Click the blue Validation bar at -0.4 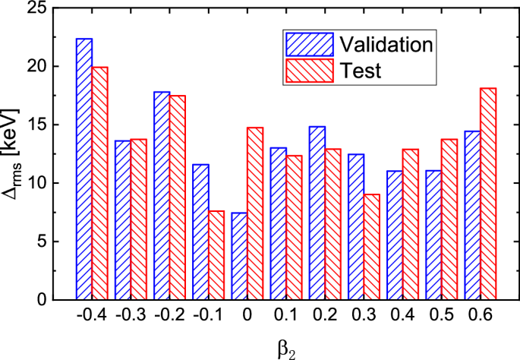tap(84, 169)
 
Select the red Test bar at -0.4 tap(100, 183)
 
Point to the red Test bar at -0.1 tap(216, 255)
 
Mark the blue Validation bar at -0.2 tap(162, 195)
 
